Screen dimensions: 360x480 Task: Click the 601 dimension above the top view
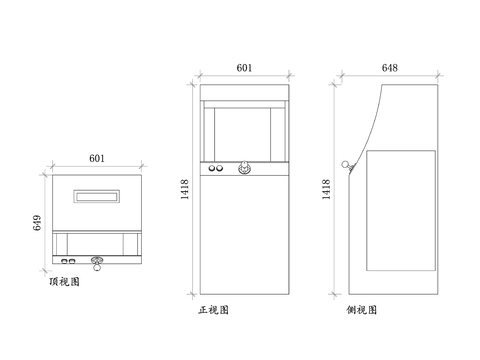pyautogui.click(x=97, y=157)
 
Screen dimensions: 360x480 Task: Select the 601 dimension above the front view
pyautogui.click(x=243, y=67)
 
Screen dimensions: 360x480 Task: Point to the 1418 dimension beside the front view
pyautogui.click(x=184, y=190)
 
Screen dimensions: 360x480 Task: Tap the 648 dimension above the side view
pyautogui.click(x=390, y=67)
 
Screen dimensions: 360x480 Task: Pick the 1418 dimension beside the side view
pyautogui.click(x=327, y=190)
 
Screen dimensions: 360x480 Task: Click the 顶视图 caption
pyautogui.click(x=64, y=283)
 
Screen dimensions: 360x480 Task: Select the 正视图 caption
pyautogui.click(x=214, y=311)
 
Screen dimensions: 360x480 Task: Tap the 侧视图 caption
pyautogui.click(x=361, y=311)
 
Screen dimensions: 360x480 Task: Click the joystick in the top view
pyautogui.click(x=97, y=264)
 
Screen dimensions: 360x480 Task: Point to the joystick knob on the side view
pyautogui.click(x=346, y=165)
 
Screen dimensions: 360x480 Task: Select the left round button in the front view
pyautogui.click(x=211, y=170)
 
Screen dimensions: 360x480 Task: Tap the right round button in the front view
pyautogui.click(x=220, y=170)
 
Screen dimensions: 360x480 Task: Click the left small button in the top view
pyautogui.click(x=65, y=261)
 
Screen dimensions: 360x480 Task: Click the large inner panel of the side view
pyautogui.click(x=401, y=210)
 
